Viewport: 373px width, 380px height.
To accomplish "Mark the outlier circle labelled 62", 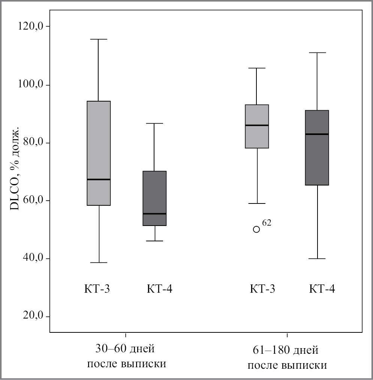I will pos(256,229).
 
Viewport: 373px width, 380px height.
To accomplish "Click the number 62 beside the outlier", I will pos(267,223).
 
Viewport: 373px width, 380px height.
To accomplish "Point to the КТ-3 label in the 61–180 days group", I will pos(262,289).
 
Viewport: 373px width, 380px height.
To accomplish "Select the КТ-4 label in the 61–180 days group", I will pos(322,289).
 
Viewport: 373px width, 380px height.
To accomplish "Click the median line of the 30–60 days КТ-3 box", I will pos(99,180).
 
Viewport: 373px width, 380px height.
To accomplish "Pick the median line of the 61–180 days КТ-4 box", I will pos(317,134).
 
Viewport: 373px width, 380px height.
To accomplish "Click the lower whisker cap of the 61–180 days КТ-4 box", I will pos(317,259).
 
